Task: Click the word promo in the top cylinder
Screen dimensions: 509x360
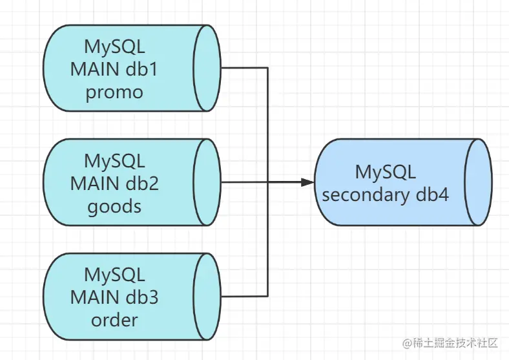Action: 114,92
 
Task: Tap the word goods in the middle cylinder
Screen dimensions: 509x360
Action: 114,207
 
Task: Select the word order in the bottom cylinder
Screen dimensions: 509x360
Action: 114,320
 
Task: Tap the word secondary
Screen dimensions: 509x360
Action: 366,196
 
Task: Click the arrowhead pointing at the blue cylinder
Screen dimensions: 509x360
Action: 307,182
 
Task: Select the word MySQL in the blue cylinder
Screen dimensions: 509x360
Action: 386,172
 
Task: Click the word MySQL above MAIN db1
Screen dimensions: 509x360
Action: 114,47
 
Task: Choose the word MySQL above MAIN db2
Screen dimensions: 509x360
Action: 114,161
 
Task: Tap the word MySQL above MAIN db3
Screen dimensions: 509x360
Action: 114,275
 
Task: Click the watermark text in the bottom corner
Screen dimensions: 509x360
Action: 450,343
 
